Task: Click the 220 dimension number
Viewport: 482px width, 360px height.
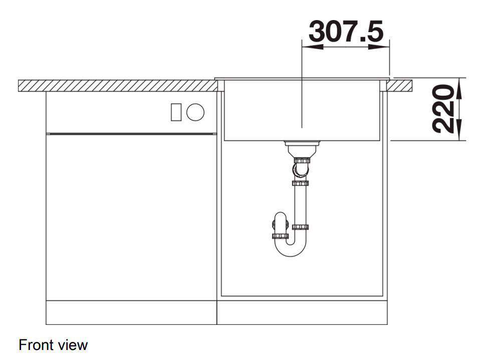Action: [443, 109]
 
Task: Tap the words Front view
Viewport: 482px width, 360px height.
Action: [53, 345]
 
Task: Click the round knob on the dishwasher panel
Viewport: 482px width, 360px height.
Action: [195, 112]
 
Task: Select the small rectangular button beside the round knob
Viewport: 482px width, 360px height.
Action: [176, 112]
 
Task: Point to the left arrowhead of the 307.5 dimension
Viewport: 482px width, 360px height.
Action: [313, 47]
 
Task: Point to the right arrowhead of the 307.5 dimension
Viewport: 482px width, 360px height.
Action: [379, 47]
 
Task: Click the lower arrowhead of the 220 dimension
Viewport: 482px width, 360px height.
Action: [458, 130]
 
